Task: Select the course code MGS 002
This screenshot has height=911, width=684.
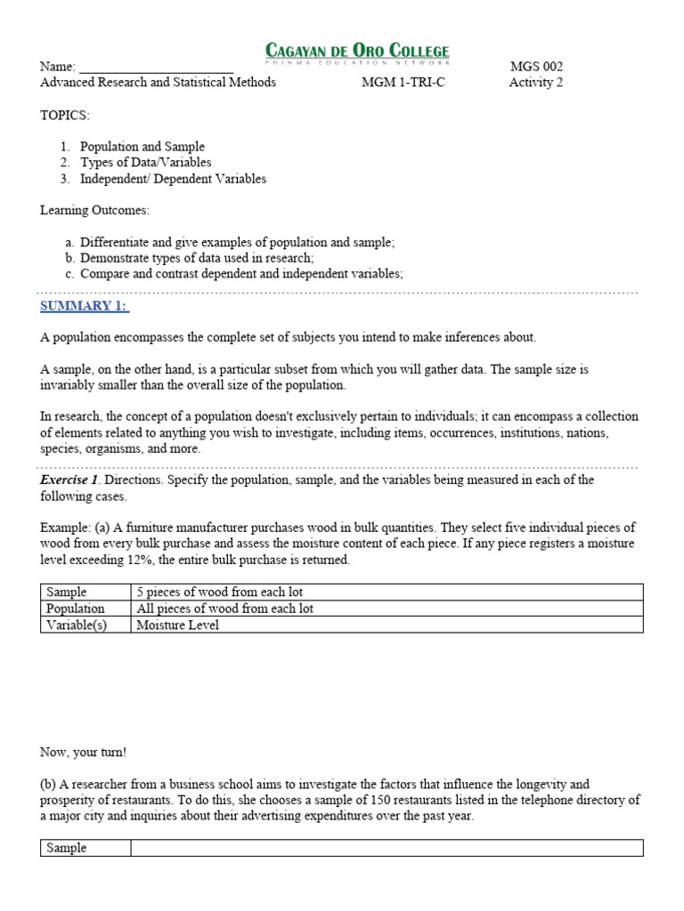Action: [x=536, y=67]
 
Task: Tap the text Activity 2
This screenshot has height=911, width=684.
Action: [x=536, y=83]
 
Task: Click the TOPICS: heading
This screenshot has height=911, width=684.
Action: [x=65, y=116]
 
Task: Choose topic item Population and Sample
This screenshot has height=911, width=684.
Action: [x=142, y=147]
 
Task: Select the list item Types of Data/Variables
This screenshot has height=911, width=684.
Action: [x=146, y=163]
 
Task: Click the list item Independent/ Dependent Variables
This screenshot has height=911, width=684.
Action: [x=173, y=179]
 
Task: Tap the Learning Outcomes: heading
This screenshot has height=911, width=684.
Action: [x=95, y=210]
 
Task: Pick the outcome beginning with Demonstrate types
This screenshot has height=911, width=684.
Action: [x=197, y=258]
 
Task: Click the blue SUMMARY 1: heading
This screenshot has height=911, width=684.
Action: [x=85, y=306]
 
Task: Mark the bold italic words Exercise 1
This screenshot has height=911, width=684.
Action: [x=64, y=480]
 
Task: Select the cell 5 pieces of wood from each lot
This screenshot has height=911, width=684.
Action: [x=220, y=592]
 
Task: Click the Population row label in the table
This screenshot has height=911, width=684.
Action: [x=76, y=609]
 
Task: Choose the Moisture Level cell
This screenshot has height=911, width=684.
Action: [x=177, y=625]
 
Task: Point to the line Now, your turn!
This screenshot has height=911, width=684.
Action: [x=84, y=752]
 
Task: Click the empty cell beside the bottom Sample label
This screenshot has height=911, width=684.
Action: [x=387, y=848]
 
